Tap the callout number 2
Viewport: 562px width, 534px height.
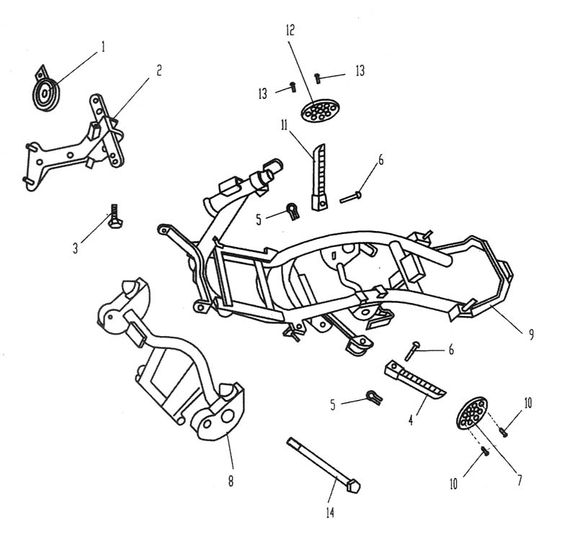tap(159, 70)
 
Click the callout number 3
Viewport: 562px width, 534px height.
tap(75, 248)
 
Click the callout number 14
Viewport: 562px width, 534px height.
tap(330, 512)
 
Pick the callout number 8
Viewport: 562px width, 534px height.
tap(231, 481)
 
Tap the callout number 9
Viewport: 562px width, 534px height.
tap(531, 334)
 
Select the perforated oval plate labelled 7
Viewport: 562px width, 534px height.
tap(472, 413)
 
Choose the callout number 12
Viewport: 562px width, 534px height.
tap(290, 30)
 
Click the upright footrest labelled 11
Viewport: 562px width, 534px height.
tap(318, 177)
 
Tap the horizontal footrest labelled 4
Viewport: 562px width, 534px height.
tap(415, 379)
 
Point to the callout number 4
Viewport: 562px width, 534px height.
tap(411, 420)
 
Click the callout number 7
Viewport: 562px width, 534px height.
tap(519, 479)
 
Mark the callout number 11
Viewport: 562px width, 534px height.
tap(284, 125)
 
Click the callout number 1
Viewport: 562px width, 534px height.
tap(103, 47)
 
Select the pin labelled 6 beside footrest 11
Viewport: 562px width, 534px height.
tap(351, 197)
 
